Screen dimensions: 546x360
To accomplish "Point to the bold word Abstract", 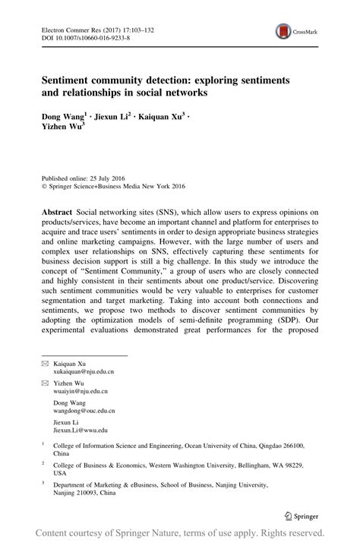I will pos(58,208).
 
